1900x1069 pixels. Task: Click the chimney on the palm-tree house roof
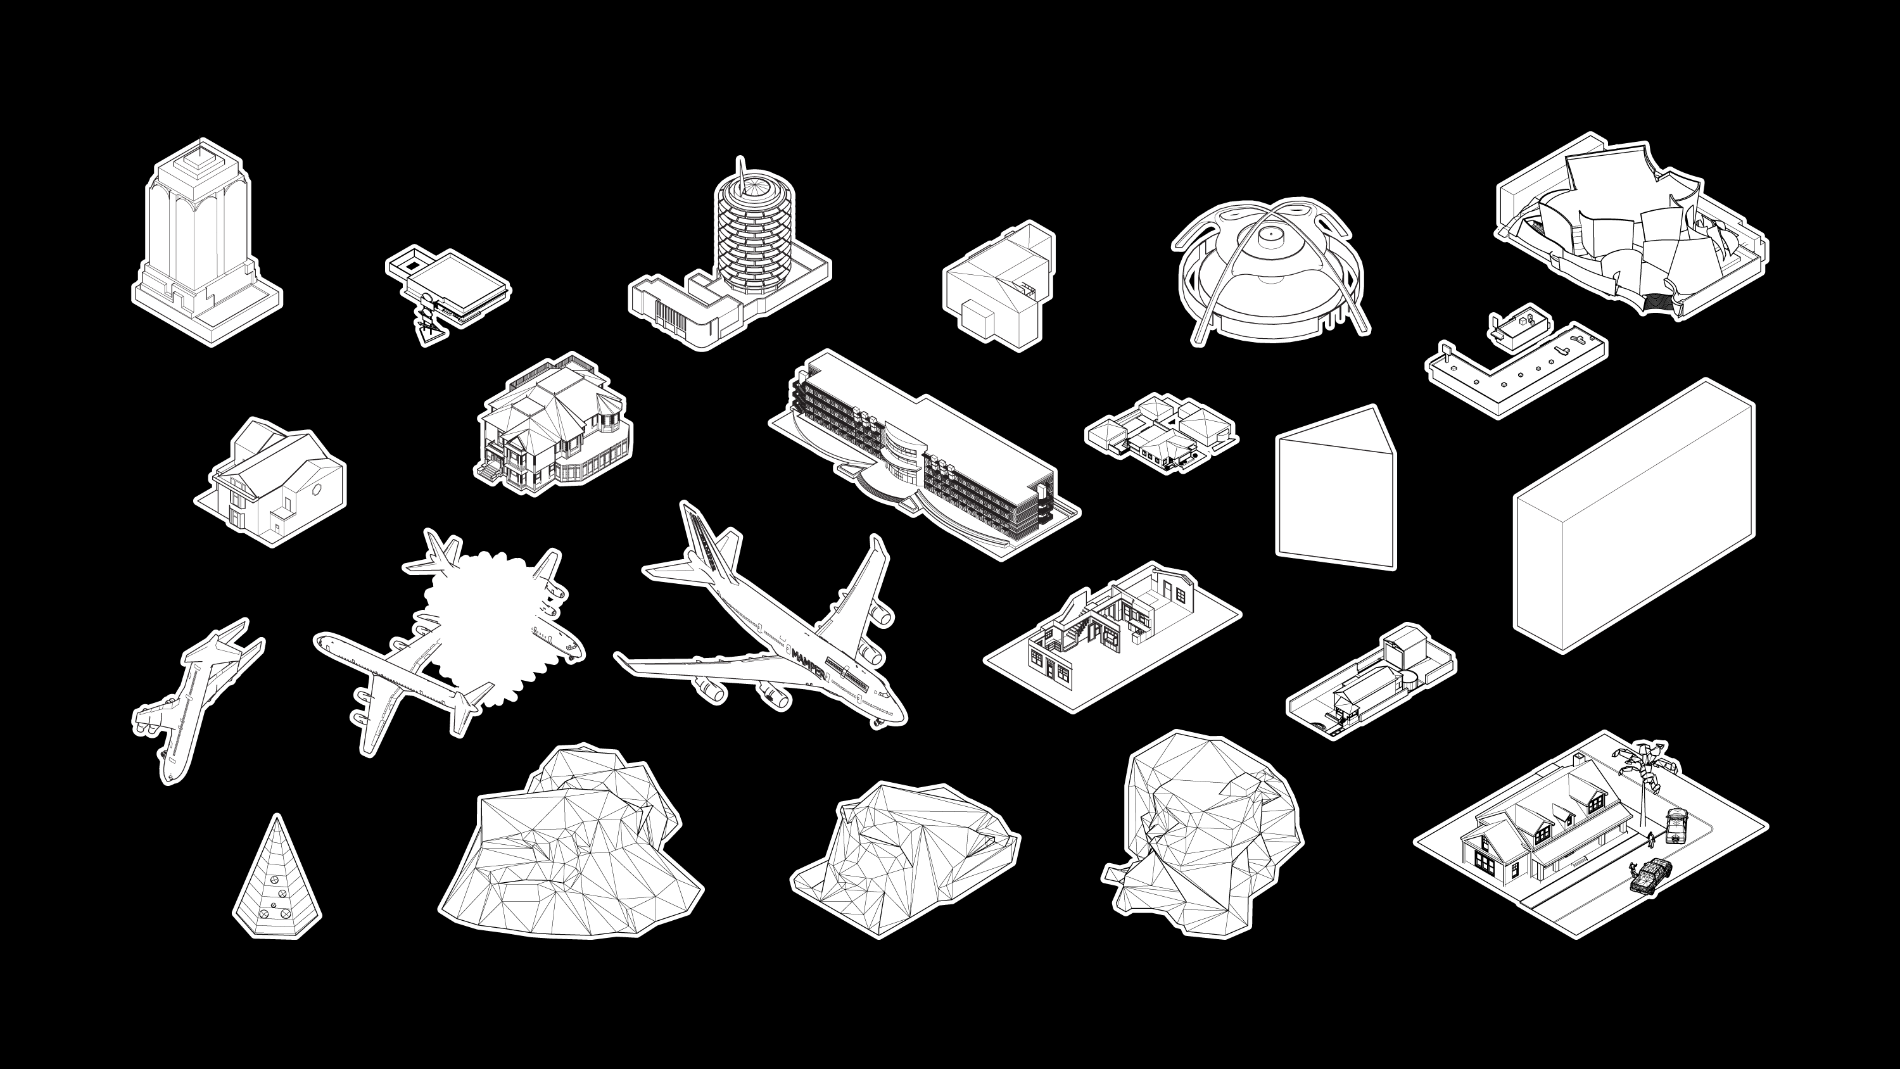[1578, 759]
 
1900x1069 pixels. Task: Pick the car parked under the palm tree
[1676, 825]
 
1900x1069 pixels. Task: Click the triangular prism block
[1336, 487]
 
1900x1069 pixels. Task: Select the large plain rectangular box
[1635, 516]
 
